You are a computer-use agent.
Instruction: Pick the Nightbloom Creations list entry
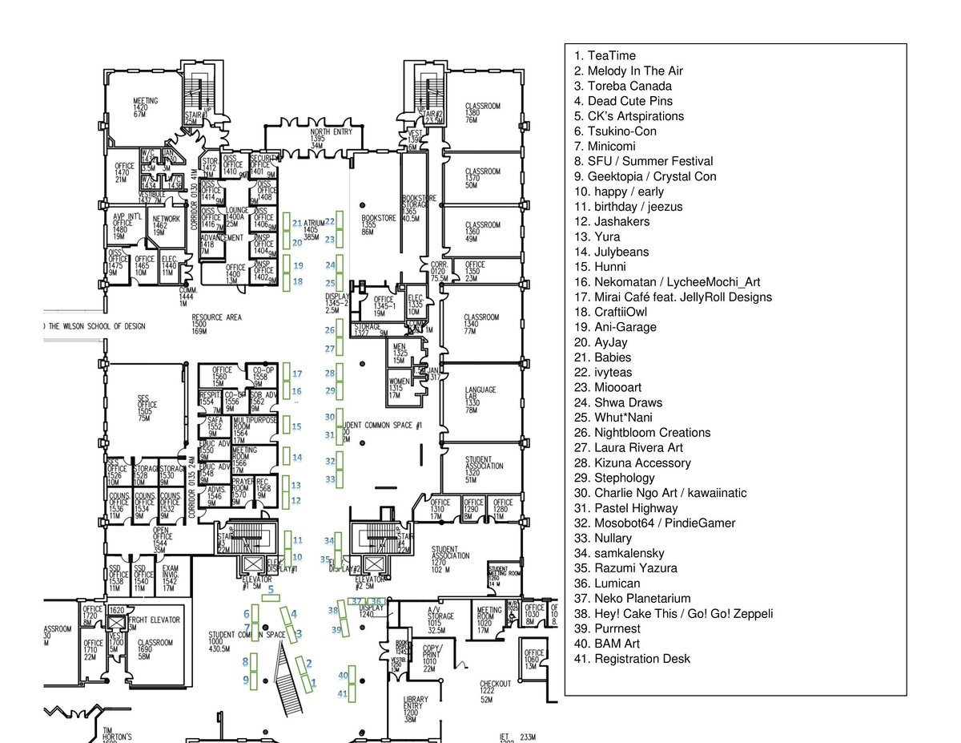pyautogui.click(x=641, y=433)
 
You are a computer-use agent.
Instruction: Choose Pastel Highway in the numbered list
pyautogui.click(x=625, y=508)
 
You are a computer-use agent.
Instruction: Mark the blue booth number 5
pyautogui.click(x=271, y=589)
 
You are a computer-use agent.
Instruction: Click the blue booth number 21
pyautogui.click(x=296, y=224)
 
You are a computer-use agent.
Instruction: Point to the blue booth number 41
pyautogui.click(x=343, y=693)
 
